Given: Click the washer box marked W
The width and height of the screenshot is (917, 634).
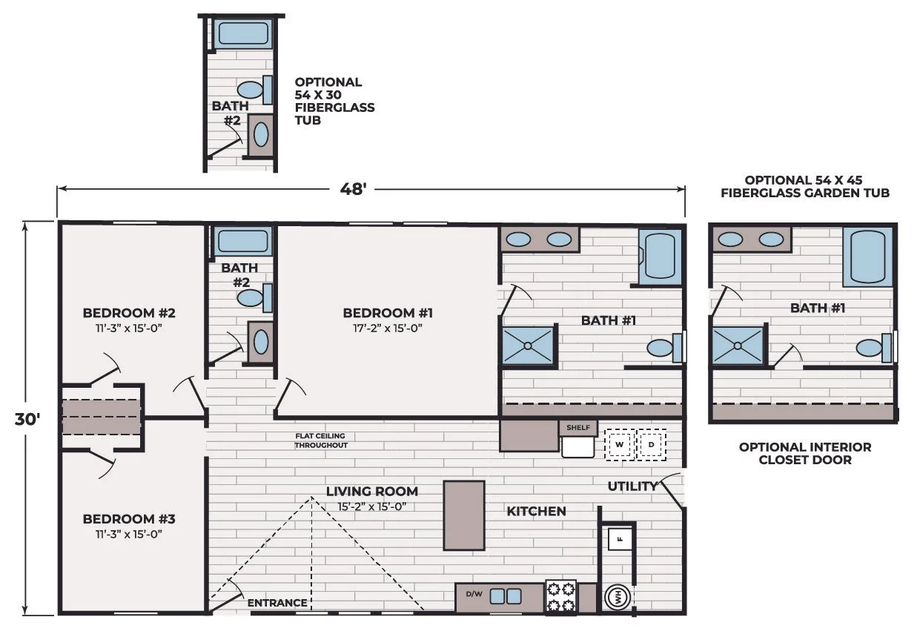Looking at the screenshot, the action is pyautogui.click(x=620, y=444).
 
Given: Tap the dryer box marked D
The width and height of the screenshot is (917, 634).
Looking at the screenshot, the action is pyautogui.click(x=652, y=444).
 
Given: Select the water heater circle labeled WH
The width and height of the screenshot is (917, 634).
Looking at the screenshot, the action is pyautogui.click(x=618, y=597).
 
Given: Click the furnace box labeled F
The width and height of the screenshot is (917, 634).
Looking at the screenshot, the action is pyautogui.click(x=620, y=539).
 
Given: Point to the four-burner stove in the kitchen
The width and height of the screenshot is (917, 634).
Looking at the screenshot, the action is pyautogui.click(x=561, y=596).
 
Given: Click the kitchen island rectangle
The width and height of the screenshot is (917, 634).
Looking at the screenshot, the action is pyautogui.click(x=464, y=515).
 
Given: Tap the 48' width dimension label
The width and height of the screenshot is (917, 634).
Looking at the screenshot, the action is pyautogui.click(x=353, y=189).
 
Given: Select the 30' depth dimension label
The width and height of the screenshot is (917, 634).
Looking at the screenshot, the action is pyautogui.click(x=27, y=420).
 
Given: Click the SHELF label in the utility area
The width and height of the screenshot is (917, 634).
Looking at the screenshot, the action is pyautogui.click(x=578, y=428).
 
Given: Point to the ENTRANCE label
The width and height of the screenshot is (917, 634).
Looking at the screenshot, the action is pyautogui.click(x=277, y=603).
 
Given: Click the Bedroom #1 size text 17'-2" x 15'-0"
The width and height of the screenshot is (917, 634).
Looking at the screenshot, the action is pyautogui.click(x=387, y=328).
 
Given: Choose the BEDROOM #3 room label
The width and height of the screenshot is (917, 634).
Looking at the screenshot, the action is pyautogui.click(x=129, y=519).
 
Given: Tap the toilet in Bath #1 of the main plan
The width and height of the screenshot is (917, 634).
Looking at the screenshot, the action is pyautogui.click(x=664, y=348).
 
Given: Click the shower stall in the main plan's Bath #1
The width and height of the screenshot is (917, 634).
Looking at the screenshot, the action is pyautogui.click(x=528, y=346).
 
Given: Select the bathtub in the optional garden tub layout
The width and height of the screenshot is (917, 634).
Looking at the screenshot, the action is pyautogui.click(x=867, y=257).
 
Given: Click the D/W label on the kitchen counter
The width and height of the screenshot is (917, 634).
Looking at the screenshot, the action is pyautogui.click(x=474, y=594).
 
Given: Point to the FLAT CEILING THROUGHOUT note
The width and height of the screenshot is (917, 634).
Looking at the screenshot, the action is pyautogui.click(x=321, y=440).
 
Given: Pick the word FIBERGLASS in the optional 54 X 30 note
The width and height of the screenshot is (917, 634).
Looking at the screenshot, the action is pyautogui.click(x=334, y=108).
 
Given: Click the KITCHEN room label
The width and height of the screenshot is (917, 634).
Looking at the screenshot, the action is pyautogui.click(x=536, y=511).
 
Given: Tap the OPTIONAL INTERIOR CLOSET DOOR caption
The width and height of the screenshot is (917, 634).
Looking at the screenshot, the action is pyautogui.click(x=805, y=453).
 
